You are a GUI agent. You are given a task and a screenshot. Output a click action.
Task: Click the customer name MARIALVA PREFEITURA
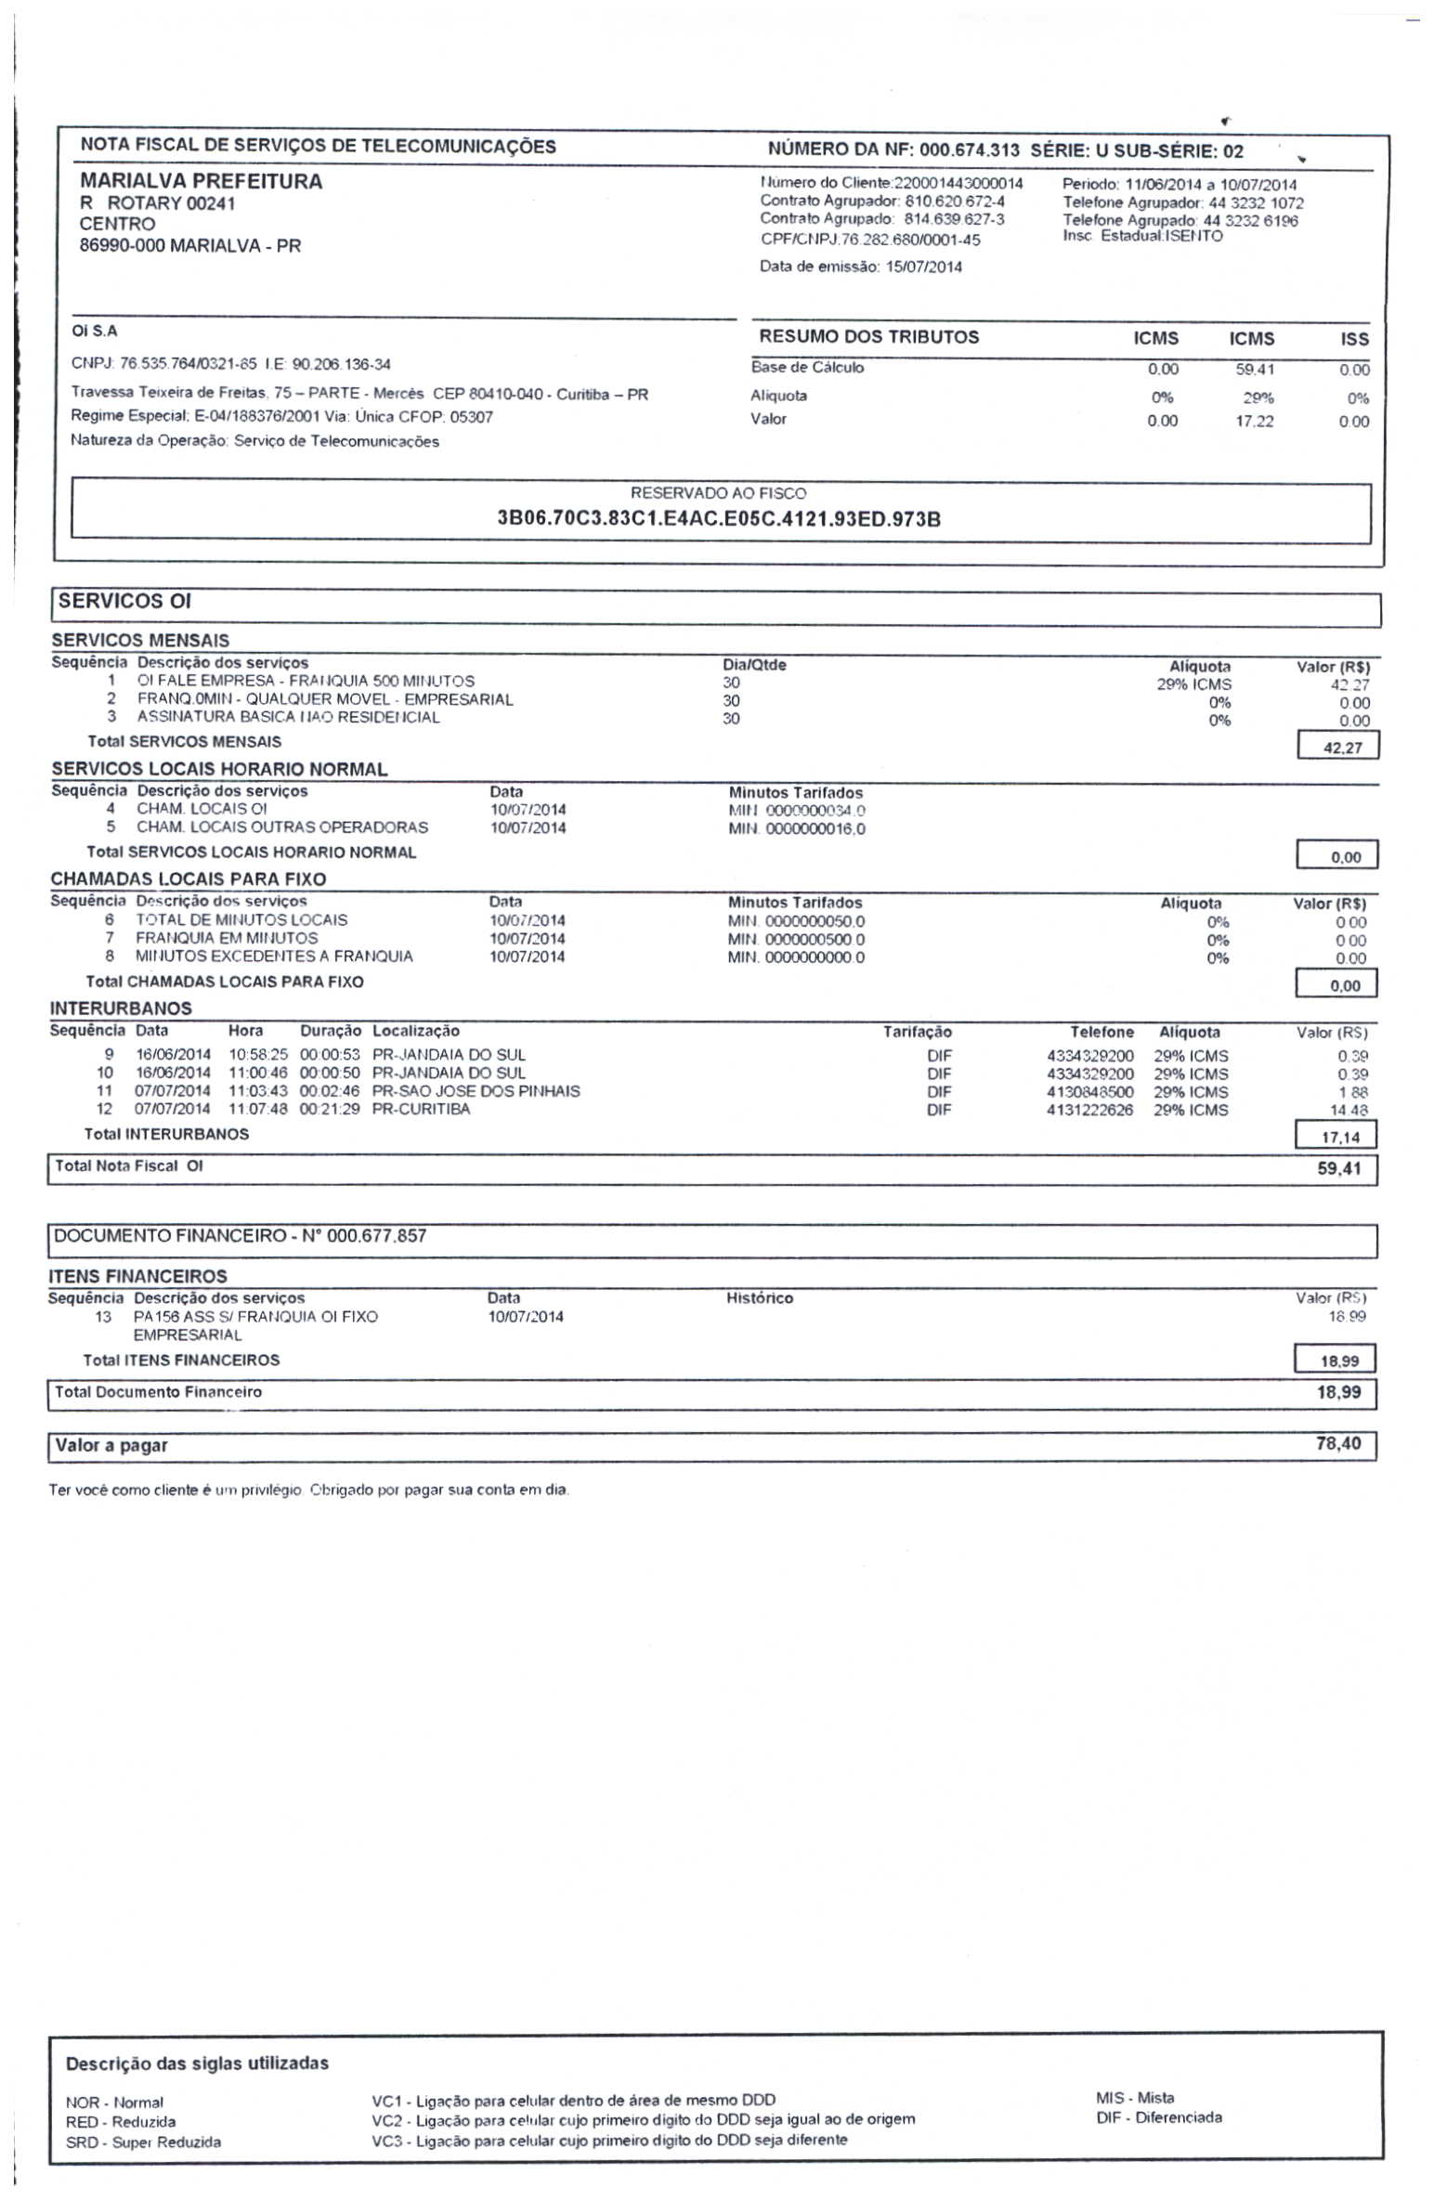click(201, 181)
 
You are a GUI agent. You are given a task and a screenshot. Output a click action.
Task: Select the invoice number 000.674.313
click(969, 150)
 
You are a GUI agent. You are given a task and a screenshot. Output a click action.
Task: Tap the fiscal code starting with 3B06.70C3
click(718, 518)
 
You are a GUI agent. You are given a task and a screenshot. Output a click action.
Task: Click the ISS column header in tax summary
click(1353, 339)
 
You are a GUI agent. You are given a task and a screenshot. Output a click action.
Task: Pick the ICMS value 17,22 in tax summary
click(1254, 422)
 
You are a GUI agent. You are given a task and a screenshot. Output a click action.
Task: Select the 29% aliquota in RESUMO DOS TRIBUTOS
click(1258, 398)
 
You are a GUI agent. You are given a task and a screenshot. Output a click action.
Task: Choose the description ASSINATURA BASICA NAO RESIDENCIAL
click(288, 717)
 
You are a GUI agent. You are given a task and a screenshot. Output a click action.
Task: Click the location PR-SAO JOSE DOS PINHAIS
click(476, 1091)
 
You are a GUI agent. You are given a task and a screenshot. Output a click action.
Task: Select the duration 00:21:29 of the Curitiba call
click(330, 1109)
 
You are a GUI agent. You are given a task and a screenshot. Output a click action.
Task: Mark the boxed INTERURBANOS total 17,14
click(1339, 1137)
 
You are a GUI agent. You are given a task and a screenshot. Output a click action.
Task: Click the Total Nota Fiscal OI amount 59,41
click(1338, 1168)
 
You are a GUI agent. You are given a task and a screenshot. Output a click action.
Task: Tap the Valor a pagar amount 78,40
click(1337, 1443)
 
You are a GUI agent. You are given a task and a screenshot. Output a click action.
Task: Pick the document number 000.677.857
click(376, 1236)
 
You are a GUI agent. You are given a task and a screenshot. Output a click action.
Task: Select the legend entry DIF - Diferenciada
click(1158, 2117)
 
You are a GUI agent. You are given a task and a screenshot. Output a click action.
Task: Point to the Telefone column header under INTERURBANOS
click(1101, 1032)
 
